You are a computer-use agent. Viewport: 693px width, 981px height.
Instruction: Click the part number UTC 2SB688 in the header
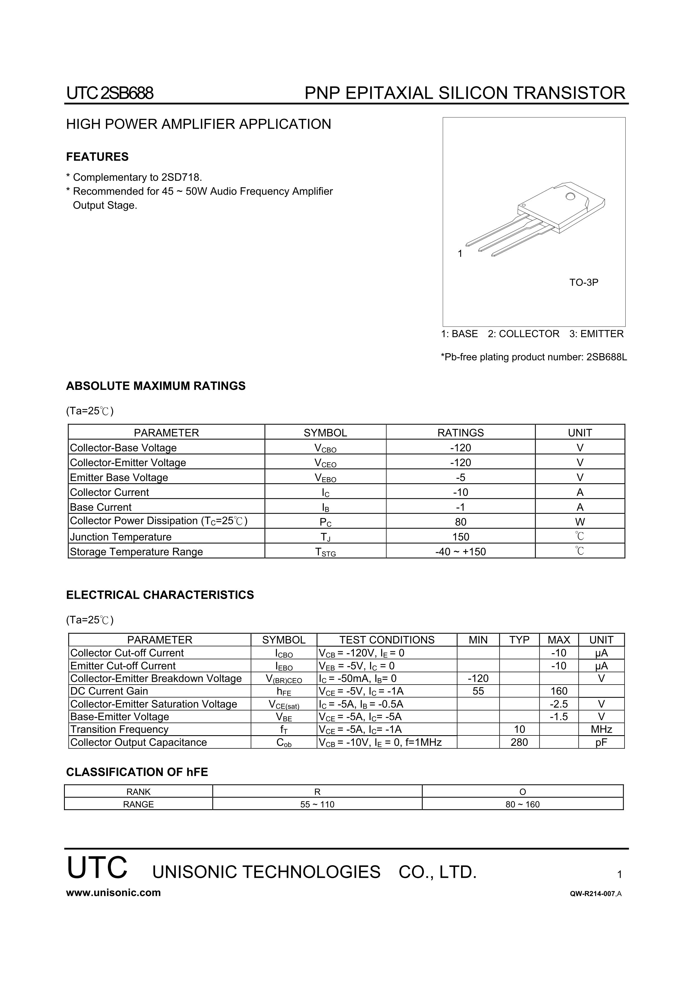point(110,93)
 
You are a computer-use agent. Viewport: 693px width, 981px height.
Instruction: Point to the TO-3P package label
point(584,282)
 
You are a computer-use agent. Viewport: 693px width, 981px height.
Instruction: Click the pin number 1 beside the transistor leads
point(460,254)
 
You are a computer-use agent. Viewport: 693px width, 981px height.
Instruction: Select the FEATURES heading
point(97,157)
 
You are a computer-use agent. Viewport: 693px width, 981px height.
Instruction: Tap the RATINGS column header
point(460,433)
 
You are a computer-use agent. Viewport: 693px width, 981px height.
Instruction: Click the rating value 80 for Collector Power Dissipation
point(460,522)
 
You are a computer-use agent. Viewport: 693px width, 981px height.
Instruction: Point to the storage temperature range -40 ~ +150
point(460,551)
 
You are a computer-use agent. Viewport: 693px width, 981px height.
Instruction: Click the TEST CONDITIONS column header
point(386,640)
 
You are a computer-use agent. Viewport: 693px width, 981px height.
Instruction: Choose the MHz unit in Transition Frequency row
point(601,729)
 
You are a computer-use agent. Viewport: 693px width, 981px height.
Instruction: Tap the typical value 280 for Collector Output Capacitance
point(519,742)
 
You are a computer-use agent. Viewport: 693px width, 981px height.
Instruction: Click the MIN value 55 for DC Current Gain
point(478,691)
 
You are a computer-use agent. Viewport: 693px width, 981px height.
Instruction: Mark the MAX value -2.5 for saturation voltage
point(559,704)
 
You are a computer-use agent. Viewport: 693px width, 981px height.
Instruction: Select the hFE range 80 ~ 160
point(522,805)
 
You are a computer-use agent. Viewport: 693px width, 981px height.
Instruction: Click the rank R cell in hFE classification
point(317,792)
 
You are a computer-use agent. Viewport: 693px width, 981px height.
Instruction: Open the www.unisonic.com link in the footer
point(113,893)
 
